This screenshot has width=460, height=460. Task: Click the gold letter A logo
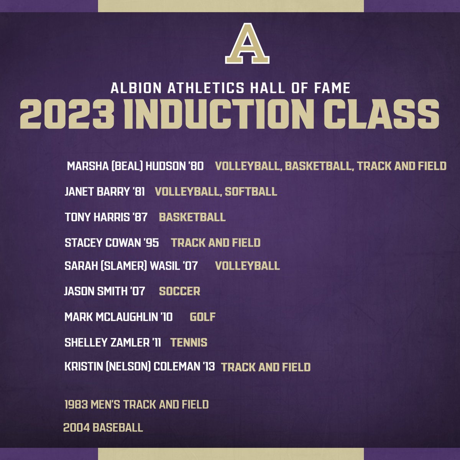247,44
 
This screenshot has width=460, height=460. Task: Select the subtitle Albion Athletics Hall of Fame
230,88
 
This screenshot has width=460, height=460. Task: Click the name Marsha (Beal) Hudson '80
135,166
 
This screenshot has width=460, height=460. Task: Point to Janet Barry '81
105,192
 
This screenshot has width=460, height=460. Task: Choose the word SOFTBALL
251,192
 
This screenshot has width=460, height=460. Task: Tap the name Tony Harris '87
106,217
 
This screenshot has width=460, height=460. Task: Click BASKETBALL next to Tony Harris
192,217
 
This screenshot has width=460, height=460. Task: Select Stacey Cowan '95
112,243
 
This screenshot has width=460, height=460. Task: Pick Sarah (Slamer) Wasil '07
131,266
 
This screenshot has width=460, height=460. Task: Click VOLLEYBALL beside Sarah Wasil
247,266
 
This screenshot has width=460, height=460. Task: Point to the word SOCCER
179,291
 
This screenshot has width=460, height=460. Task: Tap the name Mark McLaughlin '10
118,317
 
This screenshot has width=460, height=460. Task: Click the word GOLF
202,317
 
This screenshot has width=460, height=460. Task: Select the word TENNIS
189,342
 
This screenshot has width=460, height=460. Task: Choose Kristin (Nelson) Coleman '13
140,366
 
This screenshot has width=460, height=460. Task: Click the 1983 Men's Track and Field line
136,404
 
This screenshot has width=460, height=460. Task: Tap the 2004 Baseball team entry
103,427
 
